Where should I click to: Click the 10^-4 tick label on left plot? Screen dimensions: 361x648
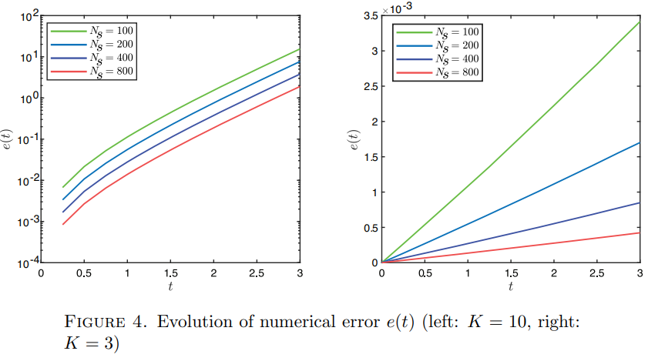pyautogui.click(x=28, y=262)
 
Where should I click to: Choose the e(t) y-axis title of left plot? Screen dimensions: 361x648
pyautogui.click(x=9, y=139)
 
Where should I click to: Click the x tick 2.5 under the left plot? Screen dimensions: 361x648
pyautogui.click(x=257, y=274)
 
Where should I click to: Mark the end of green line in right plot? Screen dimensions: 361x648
pyautogui.click(x=640, y=22)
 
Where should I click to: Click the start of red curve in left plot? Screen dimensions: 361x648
pyautogui.click(x=63, y=224)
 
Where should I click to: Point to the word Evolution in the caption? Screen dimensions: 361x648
pyautogui.click(x=190, y=323)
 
